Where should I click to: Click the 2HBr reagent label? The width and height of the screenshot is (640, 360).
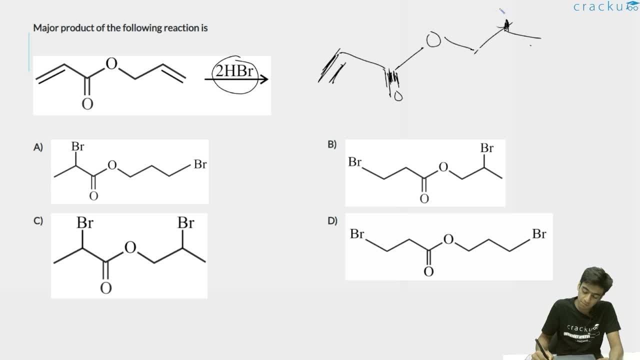[x=234, y=70]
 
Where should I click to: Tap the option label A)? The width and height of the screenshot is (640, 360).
[x=38, y=147]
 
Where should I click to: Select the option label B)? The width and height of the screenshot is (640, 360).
[x=332, y=144]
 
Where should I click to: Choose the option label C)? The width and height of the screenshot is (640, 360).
[x=38, y=221]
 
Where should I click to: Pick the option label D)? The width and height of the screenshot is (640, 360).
[x=332, y=221]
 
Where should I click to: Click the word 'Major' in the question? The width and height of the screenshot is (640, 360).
[x=45, y=28]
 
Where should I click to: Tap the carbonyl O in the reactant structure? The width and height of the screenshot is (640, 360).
[x=87, y=103]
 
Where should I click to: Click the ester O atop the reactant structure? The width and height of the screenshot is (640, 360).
[x=111, y=63]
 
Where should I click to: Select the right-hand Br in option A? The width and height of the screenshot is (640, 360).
[x=200, y=164]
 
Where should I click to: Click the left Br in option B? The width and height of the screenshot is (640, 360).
[x=355, y=162]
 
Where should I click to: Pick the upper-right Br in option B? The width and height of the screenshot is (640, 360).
[x=487, y=148]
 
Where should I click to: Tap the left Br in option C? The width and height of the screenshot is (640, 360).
[x=85, y=222]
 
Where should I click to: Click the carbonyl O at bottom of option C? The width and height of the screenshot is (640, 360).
[x=105, y=288]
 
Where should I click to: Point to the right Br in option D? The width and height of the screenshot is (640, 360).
[x=539, y=234]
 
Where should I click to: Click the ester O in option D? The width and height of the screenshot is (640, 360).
[x=448, y=239]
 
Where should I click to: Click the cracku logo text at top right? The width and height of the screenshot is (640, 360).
[x=605, y=6]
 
